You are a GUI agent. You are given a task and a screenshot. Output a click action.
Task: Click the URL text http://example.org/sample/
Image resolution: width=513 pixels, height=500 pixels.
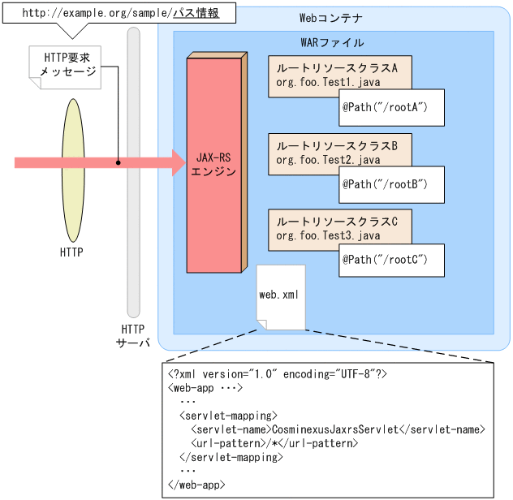[x=97, y=13]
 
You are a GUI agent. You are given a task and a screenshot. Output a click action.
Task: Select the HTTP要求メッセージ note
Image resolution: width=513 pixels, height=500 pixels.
[x=65, y=67]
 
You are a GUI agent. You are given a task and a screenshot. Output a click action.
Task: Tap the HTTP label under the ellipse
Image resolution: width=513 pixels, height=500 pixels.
[x=71, y=252]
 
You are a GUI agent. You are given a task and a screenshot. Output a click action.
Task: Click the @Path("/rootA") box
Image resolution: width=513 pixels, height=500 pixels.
[x=391, y=108]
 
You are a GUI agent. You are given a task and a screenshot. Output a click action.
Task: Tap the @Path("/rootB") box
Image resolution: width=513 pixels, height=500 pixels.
[x=391, y=185]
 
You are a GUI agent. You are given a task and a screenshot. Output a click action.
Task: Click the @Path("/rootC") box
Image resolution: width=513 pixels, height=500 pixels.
[x=391, y=261]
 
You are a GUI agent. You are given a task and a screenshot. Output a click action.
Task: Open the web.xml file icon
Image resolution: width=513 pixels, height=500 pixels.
[x=281, y=296]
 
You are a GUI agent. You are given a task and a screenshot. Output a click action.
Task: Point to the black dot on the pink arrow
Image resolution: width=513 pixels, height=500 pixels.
[x=119, y=162]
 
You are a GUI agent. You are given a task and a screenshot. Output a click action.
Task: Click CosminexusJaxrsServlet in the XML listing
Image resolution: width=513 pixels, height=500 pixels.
[x=334, y=429]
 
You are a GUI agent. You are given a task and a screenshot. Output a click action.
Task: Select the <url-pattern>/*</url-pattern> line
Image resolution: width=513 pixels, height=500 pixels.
[x=274, y=443]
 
